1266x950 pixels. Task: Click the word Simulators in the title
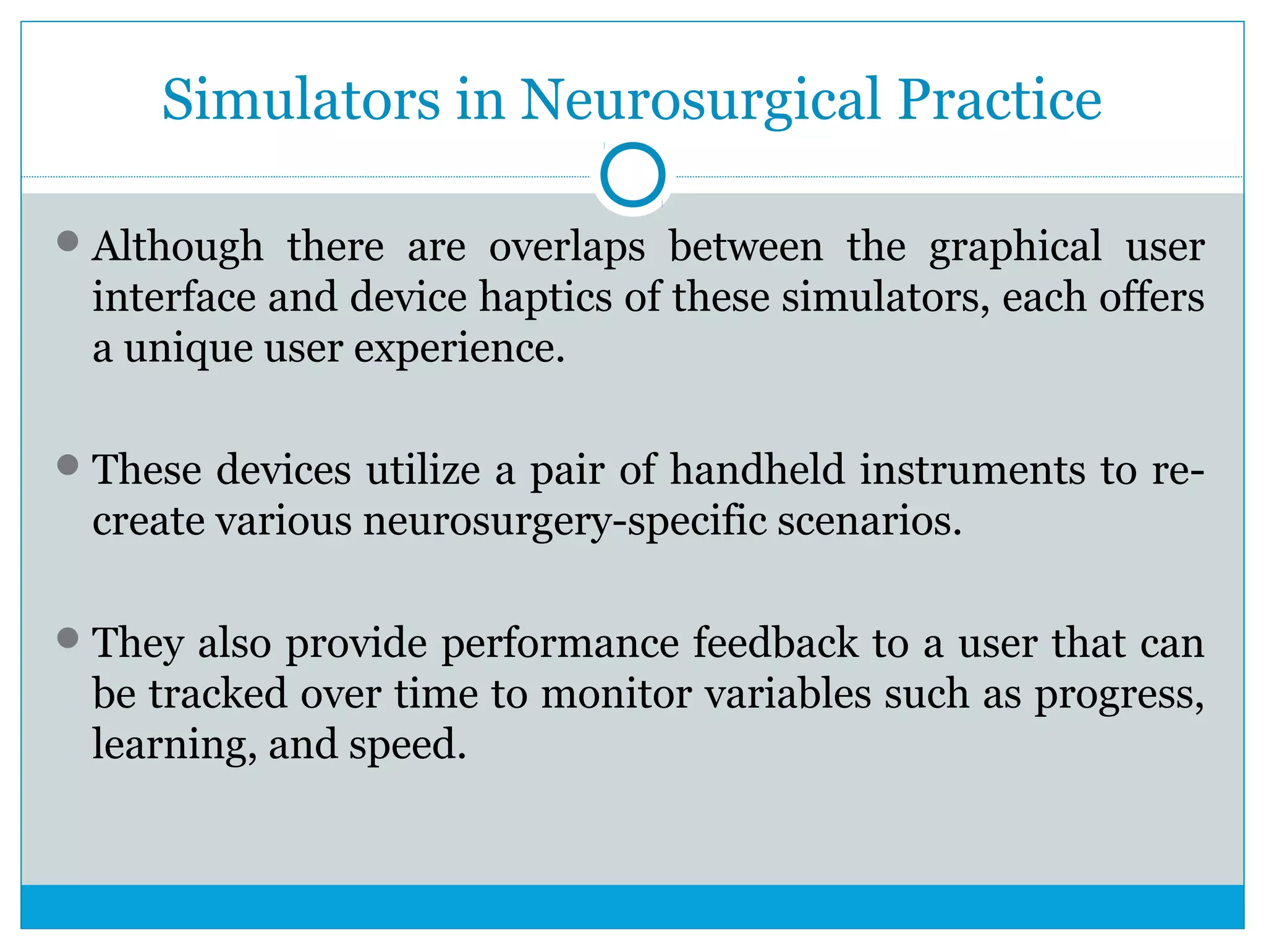point(301,100)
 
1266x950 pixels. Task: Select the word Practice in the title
point(1000,100)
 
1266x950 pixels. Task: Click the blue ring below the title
point(632,174)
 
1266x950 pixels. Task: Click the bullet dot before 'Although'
point(67,241)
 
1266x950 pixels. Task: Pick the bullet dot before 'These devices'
point(67,464)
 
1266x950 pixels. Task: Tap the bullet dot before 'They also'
point(67,638)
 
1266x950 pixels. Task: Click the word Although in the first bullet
point(178,247)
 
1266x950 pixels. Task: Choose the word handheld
point(757,469)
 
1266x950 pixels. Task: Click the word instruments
point(972,469)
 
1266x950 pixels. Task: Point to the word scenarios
point(869,520)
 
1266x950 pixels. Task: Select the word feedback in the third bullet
point(775,643)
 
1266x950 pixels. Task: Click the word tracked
point(218,693)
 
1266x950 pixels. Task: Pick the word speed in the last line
point(407,745)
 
